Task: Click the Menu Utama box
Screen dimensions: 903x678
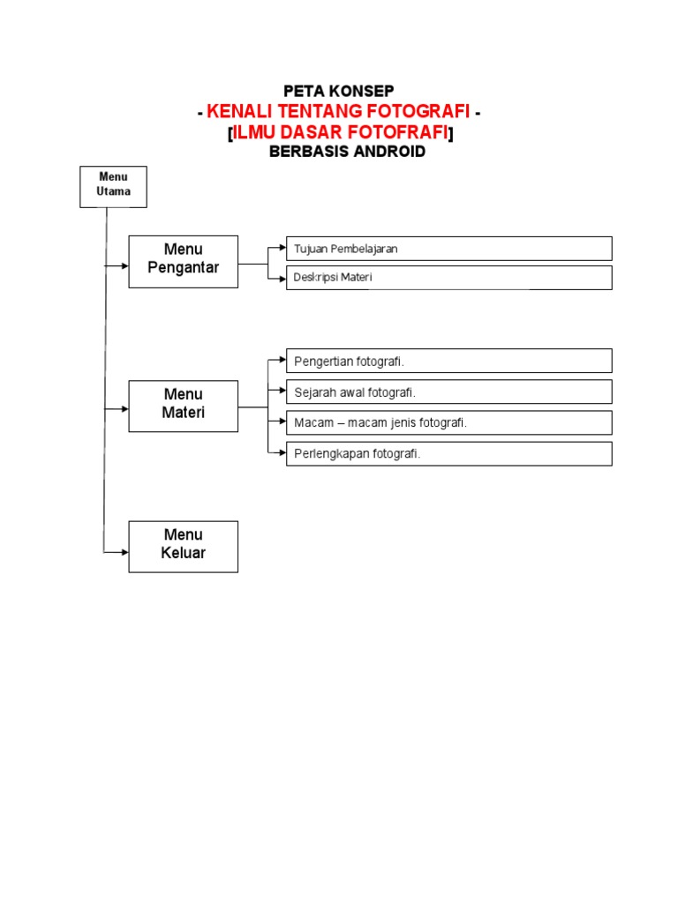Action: [113, 186]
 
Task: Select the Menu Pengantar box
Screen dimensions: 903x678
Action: [183, 261]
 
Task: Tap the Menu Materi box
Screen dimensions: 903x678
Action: [183, 406]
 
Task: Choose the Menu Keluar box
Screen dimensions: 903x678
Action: [183, 546]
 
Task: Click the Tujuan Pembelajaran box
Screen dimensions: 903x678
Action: [448, 249]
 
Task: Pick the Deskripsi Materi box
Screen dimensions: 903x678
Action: [448, 278]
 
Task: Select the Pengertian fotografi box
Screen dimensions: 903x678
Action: [448, 361]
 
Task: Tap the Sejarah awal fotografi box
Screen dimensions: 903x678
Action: [448, 392]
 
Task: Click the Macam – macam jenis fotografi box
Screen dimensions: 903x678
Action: [448, 422]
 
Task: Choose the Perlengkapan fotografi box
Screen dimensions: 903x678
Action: [448, 453]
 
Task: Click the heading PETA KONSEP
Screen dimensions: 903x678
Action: [338, 91]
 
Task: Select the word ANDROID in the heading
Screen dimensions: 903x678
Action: [386, 152]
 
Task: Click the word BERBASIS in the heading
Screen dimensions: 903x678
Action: [304, 152]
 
